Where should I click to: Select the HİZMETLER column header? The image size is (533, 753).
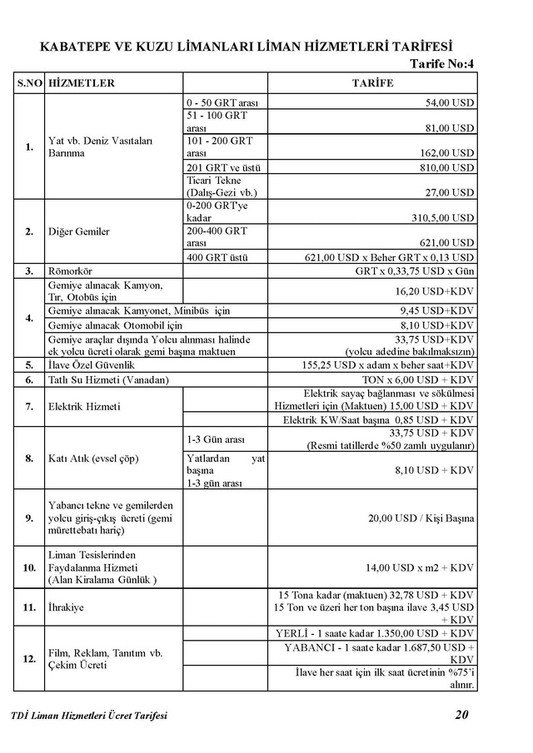point(82,83)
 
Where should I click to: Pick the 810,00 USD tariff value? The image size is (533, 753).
point(446,167)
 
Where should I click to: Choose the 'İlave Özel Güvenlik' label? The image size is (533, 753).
point(92,364)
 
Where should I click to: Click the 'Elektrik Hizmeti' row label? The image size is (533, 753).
point(84,407)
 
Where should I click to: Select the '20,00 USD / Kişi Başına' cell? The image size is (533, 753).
point(421,518)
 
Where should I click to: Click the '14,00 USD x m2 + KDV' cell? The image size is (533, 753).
point(420,567)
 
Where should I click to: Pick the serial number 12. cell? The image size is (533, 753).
point(29,659)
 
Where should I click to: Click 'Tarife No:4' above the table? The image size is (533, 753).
point(442,63)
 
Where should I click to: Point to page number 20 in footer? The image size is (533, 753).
point(463,715)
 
